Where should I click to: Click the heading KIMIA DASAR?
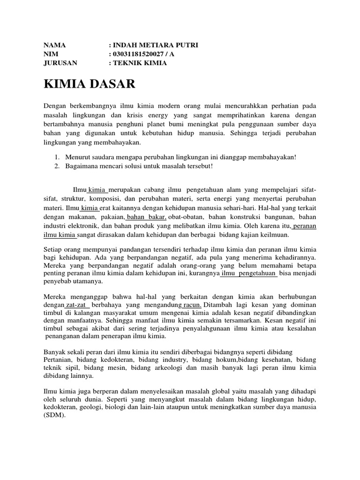[89, 84]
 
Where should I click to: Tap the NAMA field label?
[54, 45]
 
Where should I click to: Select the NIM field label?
[50, 54]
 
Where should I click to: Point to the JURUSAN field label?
[60, 63]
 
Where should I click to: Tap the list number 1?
[57, 157]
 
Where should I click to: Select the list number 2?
[57, 166]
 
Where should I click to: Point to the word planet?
[192, 124]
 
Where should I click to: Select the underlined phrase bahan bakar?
[147, 217]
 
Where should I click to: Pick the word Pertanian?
[60, 360]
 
